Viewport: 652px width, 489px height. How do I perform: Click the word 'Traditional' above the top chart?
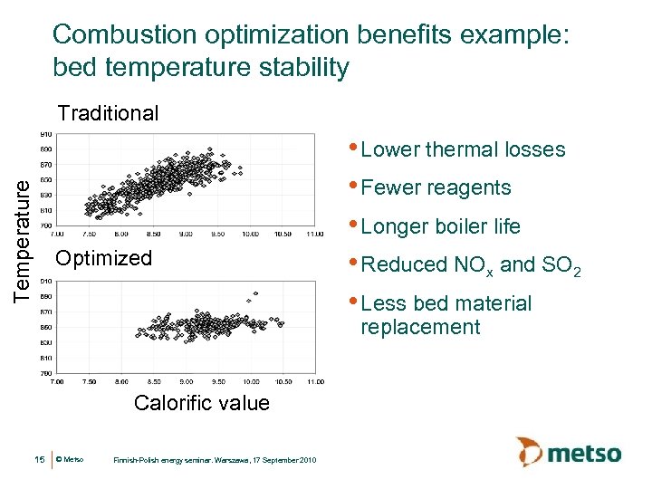click(x=108, y=113)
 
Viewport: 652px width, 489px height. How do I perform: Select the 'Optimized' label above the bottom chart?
click(x=104, y=258)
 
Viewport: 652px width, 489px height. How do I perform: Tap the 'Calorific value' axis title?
click(x=201, y=403)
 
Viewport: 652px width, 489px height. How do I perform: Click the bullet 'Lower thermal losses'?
click(x=463, y=149)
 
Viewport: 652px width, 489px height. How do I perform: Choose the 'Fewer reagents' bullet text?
click(x=436, y=187)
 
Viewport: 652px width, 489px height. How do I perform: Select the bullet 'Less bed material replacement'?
click(x=446, y=315)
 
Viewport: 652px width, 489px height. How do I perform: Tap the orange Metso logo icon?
click(x=531, y=451)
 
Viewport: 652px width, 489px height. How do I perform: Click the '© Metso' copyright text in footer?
click(x=70, y=460)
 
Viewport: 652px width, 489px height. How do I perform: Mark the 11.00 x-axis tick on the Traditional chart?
click(x=314, y=234)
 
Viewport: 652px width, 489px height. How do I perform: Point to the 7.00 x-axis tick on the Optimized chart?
click(x=56, y=381)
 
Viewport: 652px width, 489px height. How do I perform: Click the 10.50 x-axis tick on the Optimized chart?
click(x=283, y=381)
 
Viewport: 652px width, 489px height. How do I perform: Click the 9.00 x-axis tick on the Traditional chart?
click(x=186, y=234)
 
